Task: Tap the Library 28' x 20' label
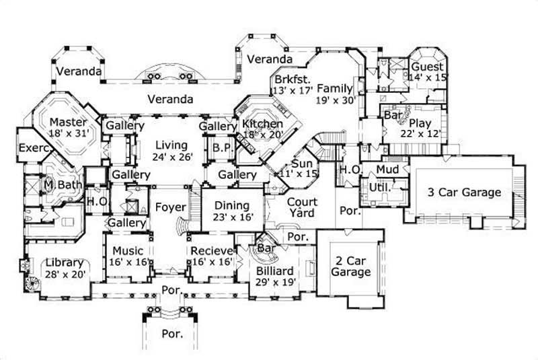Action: (x=65, y=268)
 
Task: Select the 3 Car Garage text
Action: (x=465, y=192)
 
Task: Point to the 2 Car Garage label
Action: (x=350, y=266)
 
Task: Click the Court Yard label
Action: (x=302, y=207)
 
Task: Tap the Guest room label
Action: (x=428, y=73)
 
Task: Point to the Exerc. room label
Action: (x=32, y=148)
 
